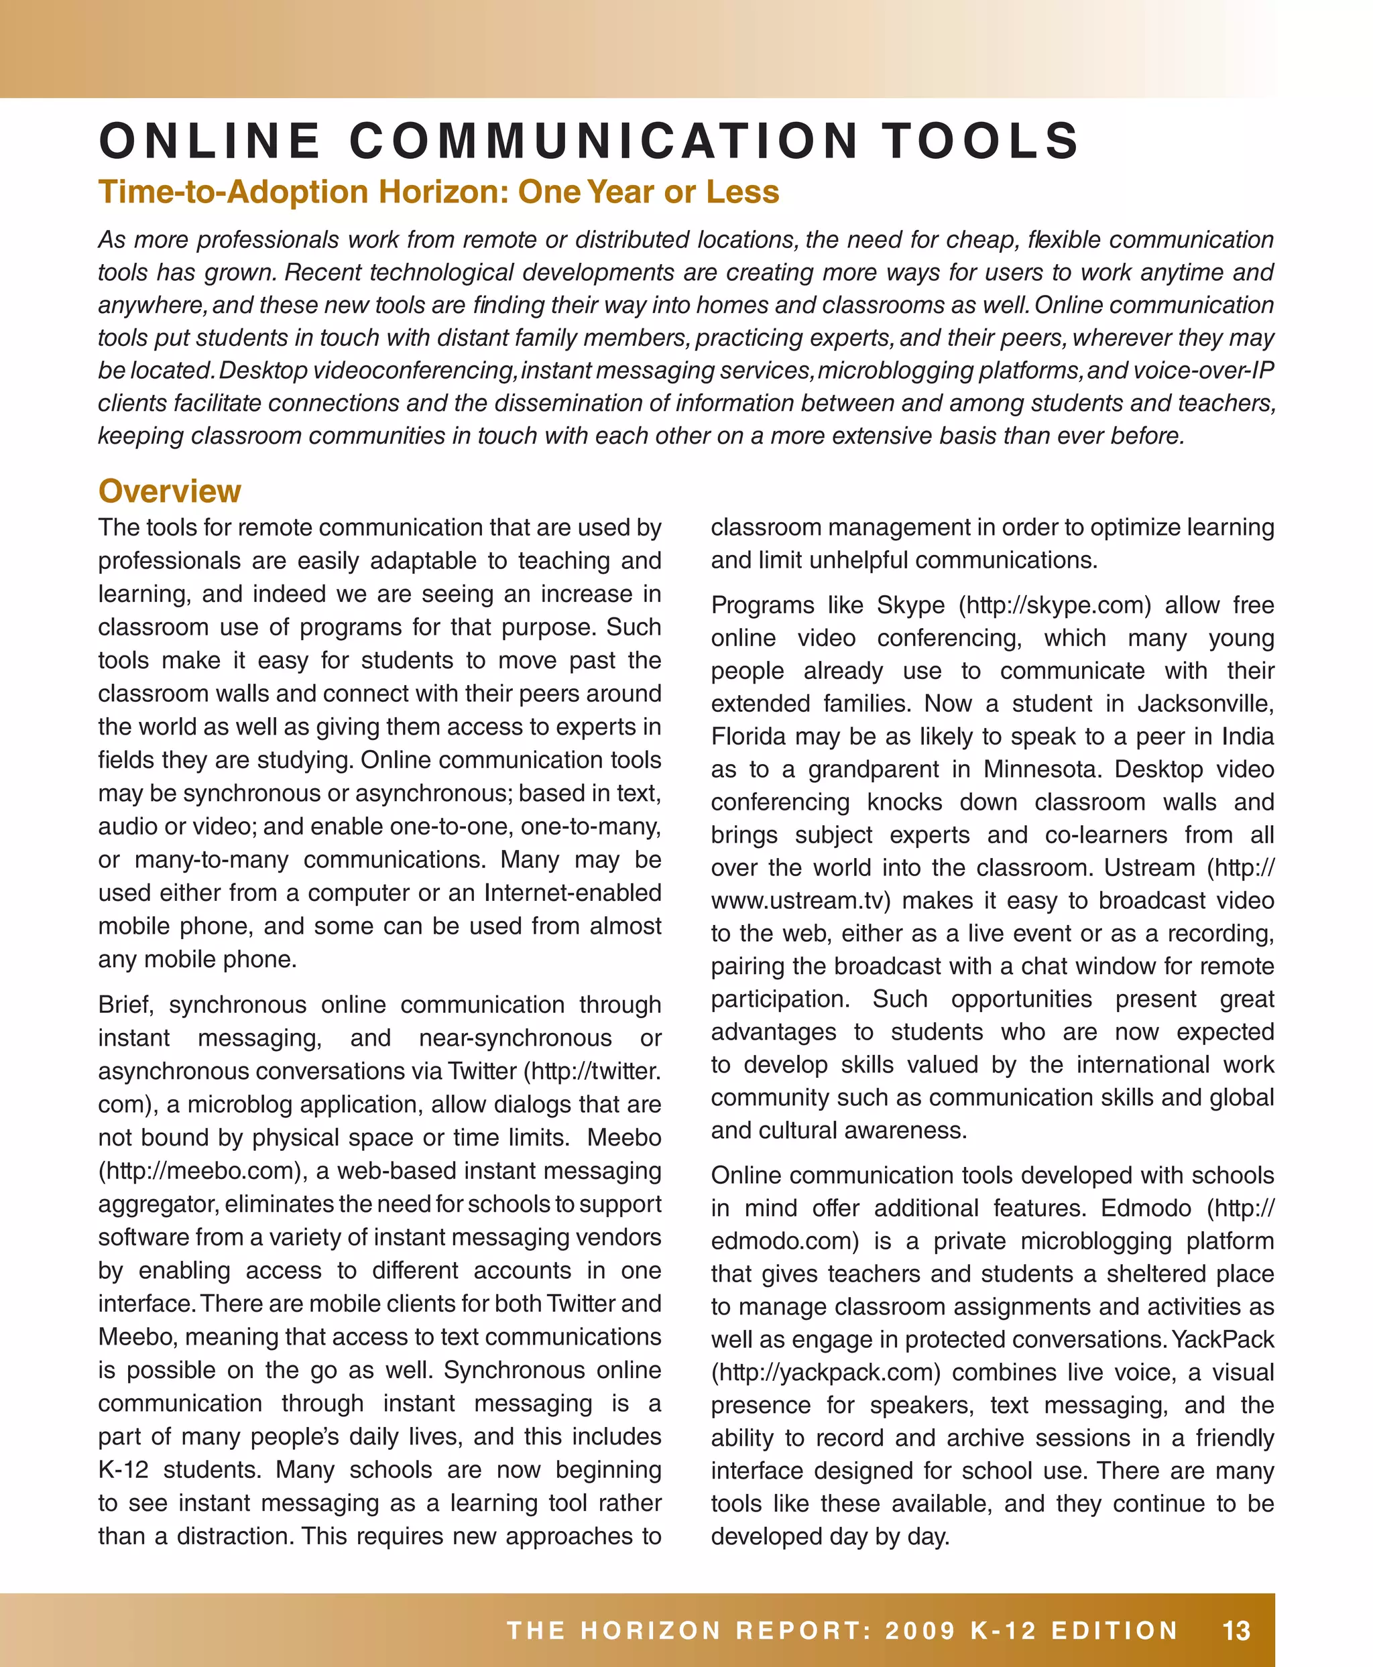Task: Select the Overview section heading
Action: [x=169, y=491]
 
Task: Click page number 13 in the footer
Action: [x=1236, y=1631]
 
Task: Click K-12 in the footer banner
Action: [x=1003, y=1631]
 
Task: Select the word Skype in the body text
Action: [x=910, y=605]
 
